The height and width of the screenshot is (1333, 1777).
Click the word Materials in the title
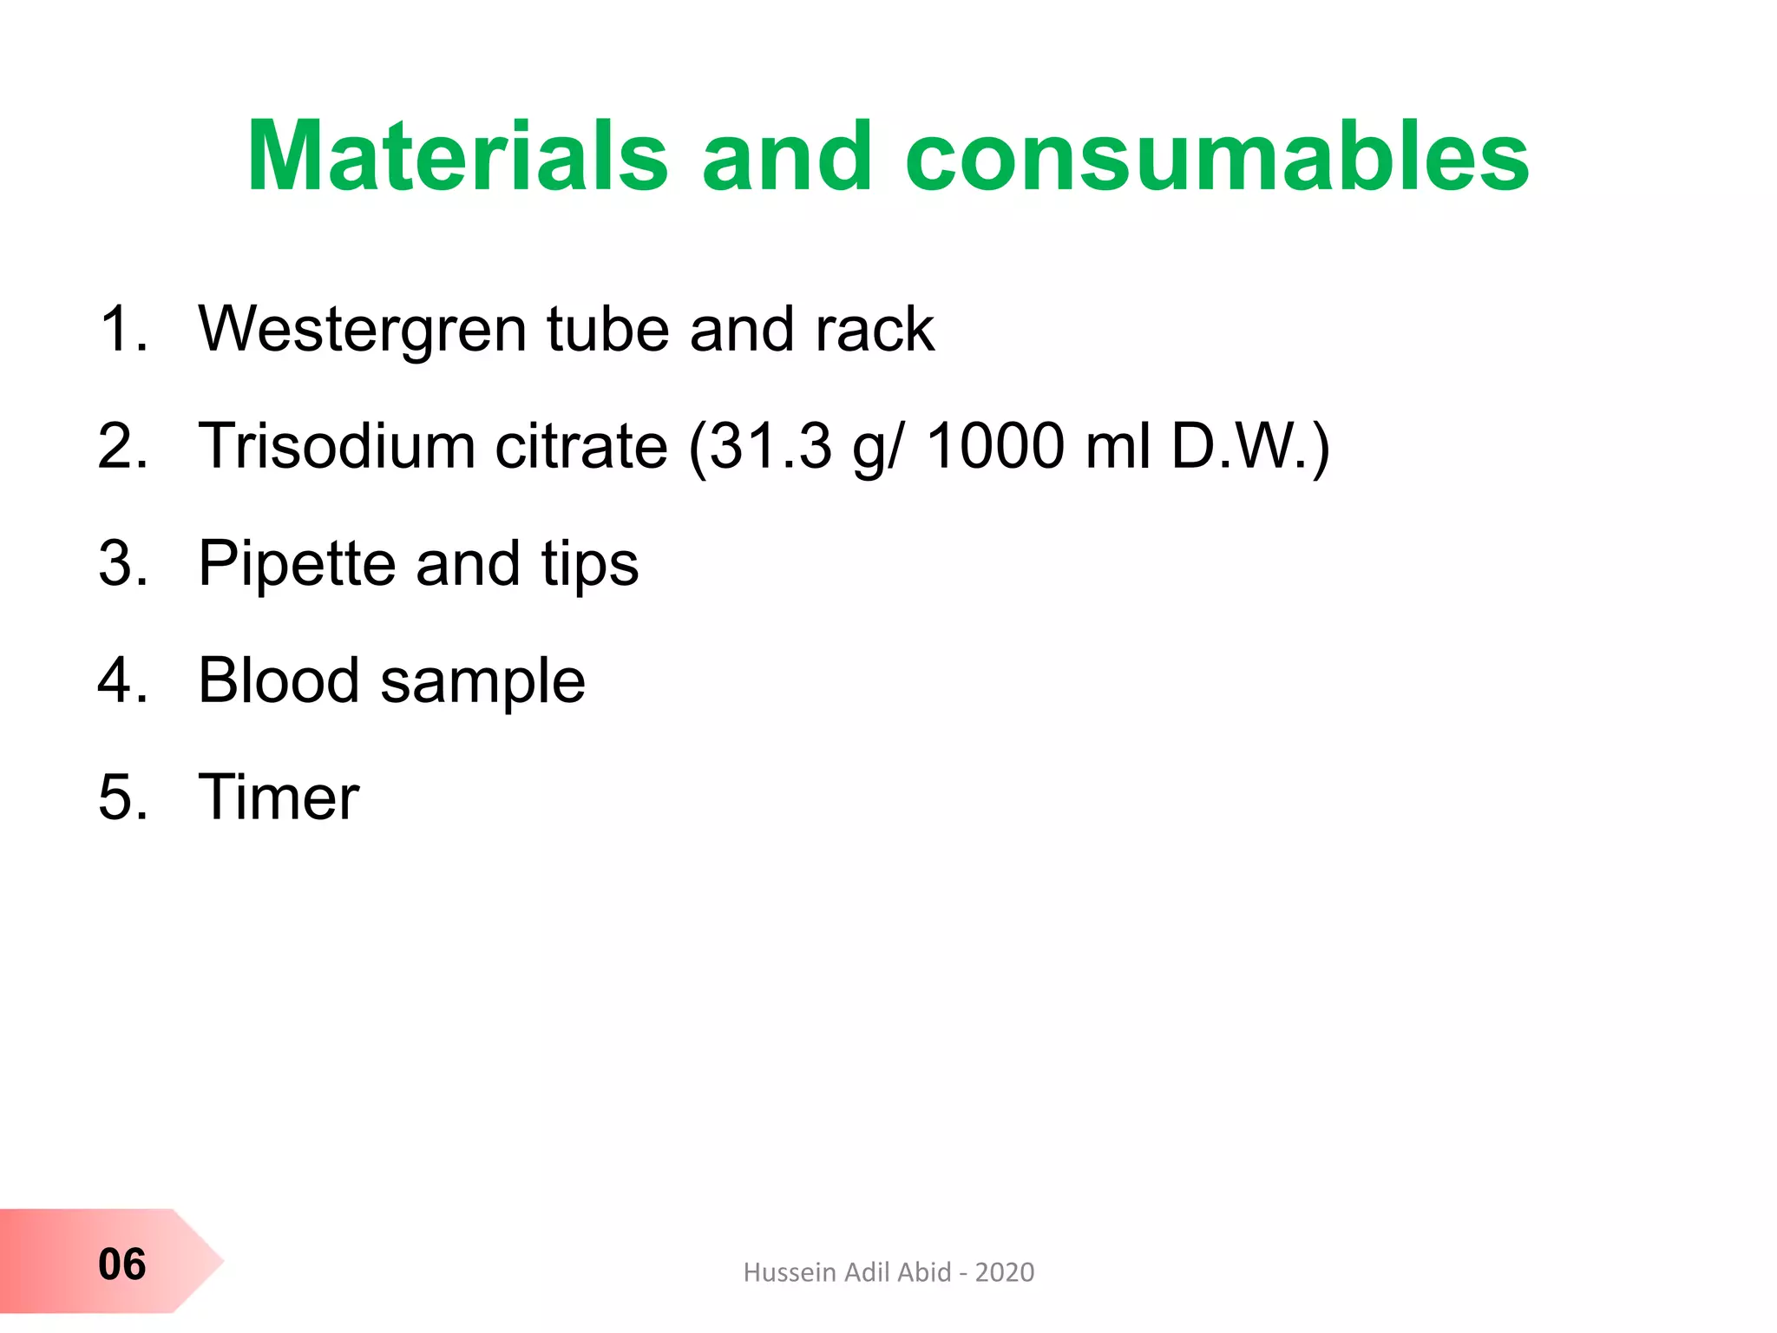click(457, 156)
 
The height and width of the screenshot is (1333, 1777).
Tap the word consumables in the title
click(1216, 156)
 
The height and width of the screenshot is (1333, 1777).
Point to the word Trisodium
click(337, 446)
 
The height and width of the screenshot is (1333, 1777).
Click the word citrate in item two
click(581, 446)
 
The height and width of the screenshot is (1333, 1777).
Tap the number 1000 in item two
click(995, 446)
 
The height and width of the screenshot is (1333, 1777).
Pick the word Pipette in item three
click(297, 564)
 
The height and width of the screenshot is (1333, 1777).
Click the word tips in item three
click(590, 564)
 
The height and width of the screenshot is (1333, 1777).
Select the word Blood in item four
click(279, 680)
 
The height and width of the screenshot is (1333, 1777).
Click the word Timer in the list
click(279, 797)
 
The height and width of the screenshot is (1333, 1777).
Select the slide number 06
click(122, 1264)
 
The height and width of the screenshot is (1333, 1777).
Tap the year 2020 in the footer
click(1005, 1272)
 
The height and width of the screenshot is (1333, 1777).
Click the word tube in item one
click(607, 331)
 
